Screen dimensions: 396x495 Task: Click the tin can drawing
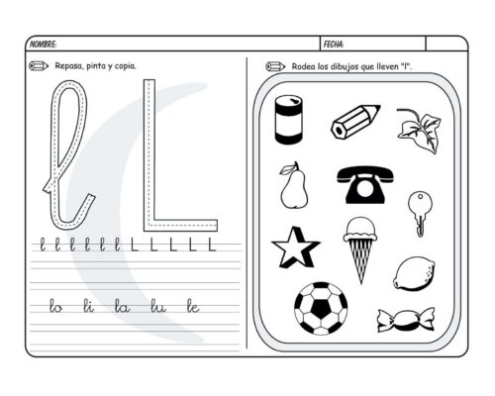(288, 120)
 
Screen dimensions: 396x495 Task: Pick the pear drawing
(293, 186)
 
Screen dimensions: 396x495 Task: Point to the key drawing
(418, 210)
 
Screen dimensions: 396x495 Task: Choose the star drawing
(294, 247)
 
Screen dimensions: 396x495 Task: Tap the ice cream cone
(359, 247)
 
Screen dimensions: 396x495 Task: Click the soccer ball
(321, 308)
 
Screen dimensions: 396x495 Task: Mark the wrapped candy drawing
(406, 319)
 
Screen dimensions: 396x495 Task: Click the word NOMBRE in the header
(43, 45)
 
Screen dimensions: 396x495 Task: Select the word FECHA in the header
(334, 45)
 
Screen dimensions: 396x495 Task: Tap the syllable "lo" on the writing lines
(55, 307)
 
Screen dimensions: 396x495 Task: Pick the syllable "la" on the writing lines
(122, 307)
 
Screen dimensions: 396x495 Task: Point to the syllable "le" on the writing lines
(192, 307)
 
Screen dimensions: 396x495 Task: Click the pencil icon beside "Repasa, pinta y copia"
(40, 66)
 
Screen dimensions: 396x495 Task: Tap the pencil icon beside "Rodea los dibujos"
(275, 66)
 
